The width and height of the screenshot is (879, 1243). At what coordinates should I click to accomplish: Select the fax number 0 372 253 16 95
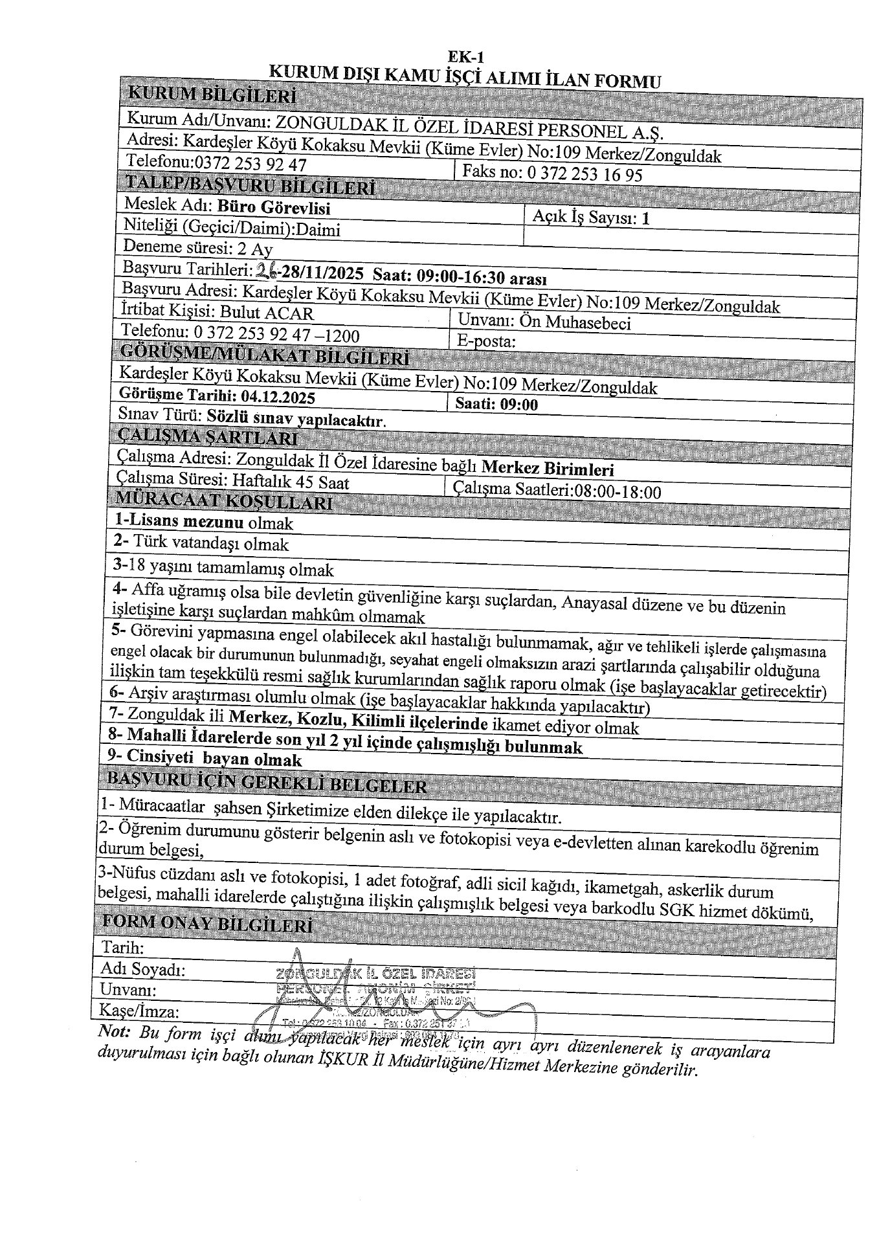click(x=585, y=174)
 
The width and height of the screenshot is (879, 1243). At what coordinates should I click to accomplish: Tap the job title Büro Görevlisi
click(x=274, y=208)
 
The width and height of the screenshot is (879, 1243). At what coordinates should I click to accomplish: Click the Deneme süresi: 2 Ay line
click(x=197, y=249)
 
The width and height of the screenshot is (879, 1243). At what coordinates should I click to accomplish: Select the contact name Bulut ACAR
click(x=267, y=313)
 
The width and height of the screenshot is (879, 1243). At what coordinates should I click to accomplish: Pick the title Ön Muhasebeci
click(x=576, y=322)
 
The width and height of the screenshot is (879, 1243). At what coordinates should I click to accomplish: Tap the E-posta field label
click(x=485, y=341)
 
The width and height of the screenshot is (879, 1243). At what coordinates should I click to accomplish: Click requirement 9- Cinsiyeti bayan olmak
click(x=205, y=759)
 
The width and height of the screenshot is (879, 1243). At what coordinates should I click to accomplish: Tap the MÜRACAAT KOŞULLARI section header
click(x=223, y=501)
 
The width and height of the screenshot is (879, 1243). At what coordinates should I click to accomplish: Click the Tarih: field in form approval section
click(x=123, y=948)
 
